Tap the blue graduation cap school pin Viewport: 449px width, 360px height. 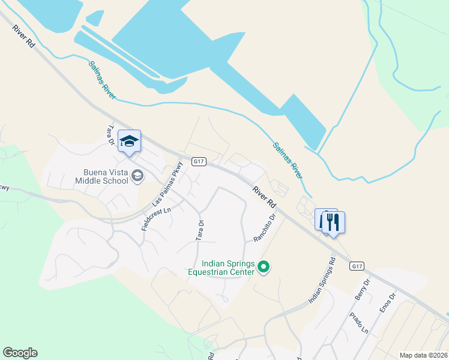(129, 142)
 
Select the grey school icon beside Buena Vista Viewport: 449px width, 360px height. (137, 176)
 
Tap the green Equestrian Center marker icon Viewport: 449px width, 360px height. (264, 267)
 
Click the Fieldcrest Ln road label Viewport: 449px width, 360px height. (157, 220)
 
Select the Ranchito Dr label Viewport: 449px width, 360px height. (264, 228)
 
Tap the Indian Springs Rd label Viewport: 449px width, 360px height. (321, 281)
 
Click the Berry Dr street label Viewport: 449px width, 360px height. (362, 290)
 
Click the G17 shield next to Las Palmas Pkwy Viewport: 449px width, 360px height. (200, 161)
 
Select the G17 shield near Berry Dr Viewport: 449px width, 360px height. (357, 266)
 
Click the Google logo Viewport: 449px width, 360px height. (20, 353)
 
